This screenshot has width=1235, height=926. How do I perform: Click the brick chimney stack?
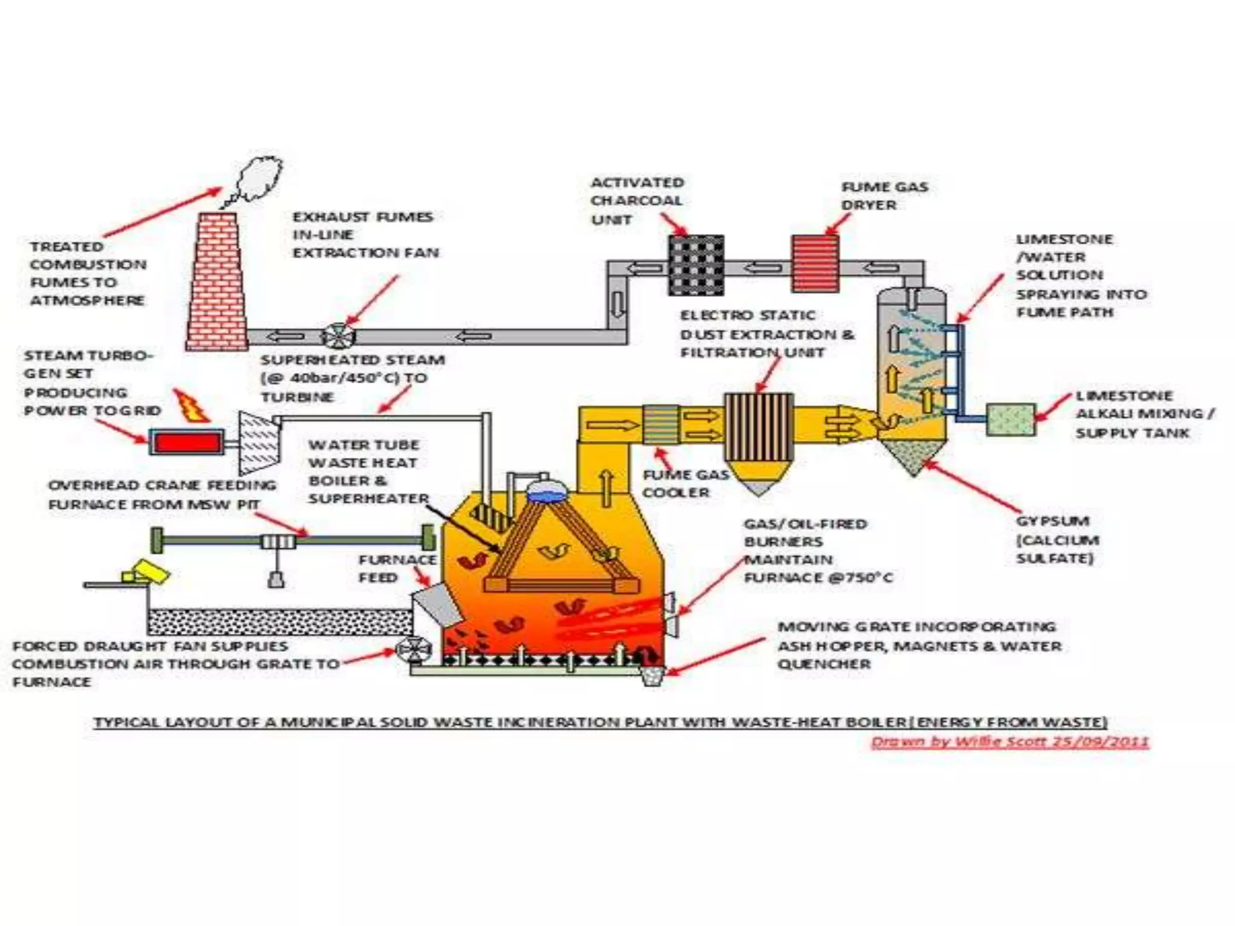pyautogui.click(x=216, y=283)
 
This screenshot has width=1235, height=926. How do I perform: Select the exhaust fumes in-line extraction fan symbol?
pyautogui.click(x=338, y=336)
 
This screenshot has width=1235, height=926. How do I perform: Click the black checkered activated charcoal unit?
pyautogui.click(x=696, y=265)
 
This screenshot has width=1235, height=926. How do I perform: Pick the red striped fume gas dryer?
pyautogui.click(x=815, y=263)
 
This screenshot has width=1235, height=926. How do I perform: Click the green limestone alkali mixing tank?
pyautogui.click(x=1011, y=420)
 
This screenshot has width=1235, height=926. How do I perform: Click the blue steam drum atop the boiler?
pyautogui.click(x=546, y=494)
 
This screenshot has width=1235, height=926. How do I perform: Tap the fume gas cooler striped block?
pyautogui.click(x=661, y=424)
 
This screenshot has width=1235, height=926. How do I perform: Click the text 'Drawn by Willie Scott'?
pyautogui.click(x=1010, y=742)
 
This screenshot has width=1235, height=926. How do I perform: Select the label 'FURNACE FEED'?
pyautogui.click(x=396, y=569)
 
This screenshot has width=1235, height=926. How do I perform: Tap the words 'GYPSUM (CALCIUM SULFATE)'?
pyautogui.click(x=1057, y=540)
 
